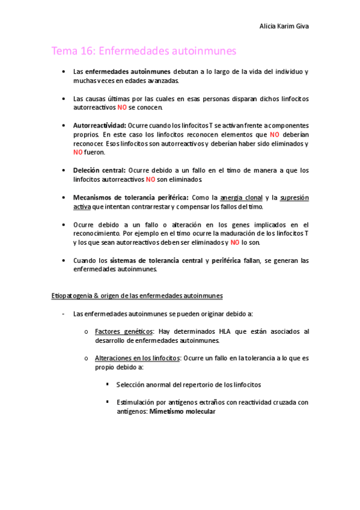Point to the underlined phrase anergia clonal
point(242,197)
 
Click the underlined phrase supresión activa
point(291,197)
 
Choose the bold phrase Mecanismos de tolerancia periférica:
point(130,197)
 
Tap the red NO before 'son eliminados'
point(151,179)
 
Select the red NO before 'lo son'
point(236,242)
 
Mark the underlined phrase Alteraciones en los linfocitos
point(138,357)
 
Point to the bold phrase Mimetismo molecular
point(182,411)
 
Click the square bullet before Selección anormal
point(107,384)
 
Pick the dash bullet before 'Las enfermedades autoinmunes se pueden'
point(63,313)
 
